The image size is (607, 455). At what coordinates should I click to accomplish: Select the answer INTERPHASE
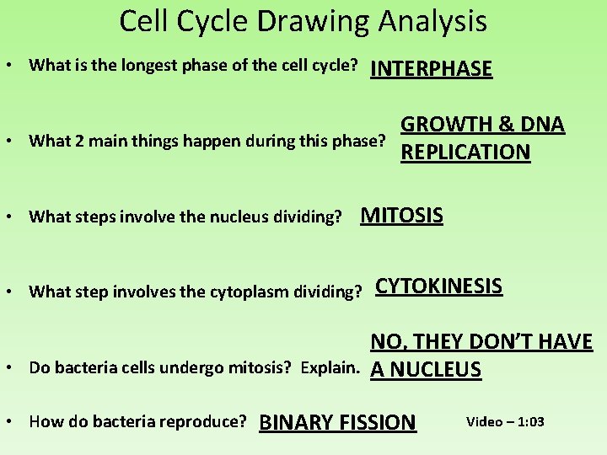pyautogui.click(x=431, y=69)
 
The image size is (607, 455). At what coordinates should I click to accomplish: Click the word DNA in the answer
pyautogui.click(x=542, y=125)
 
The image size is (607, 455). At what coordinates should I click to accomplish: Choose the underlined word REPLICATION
pyautogui.click(x=465, y=153)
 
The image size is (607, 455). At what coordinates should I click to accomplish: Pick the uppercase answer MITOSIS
pyautogui.click(x=401, y=216)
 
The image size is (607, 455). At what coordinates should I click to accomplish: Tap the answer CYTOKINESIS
pyautogui.click(x=438, y=286)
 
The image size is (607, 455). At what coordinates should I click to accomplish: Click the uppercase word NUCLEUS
pyautogui.click(x=435, y=370)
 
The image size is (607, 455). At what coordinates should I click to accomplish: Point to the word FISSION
pyautogui.click(x=378, y=422)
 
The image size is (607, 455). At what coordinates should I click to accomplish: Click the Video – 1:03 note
pyautogui.click(x=505, y=421)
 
